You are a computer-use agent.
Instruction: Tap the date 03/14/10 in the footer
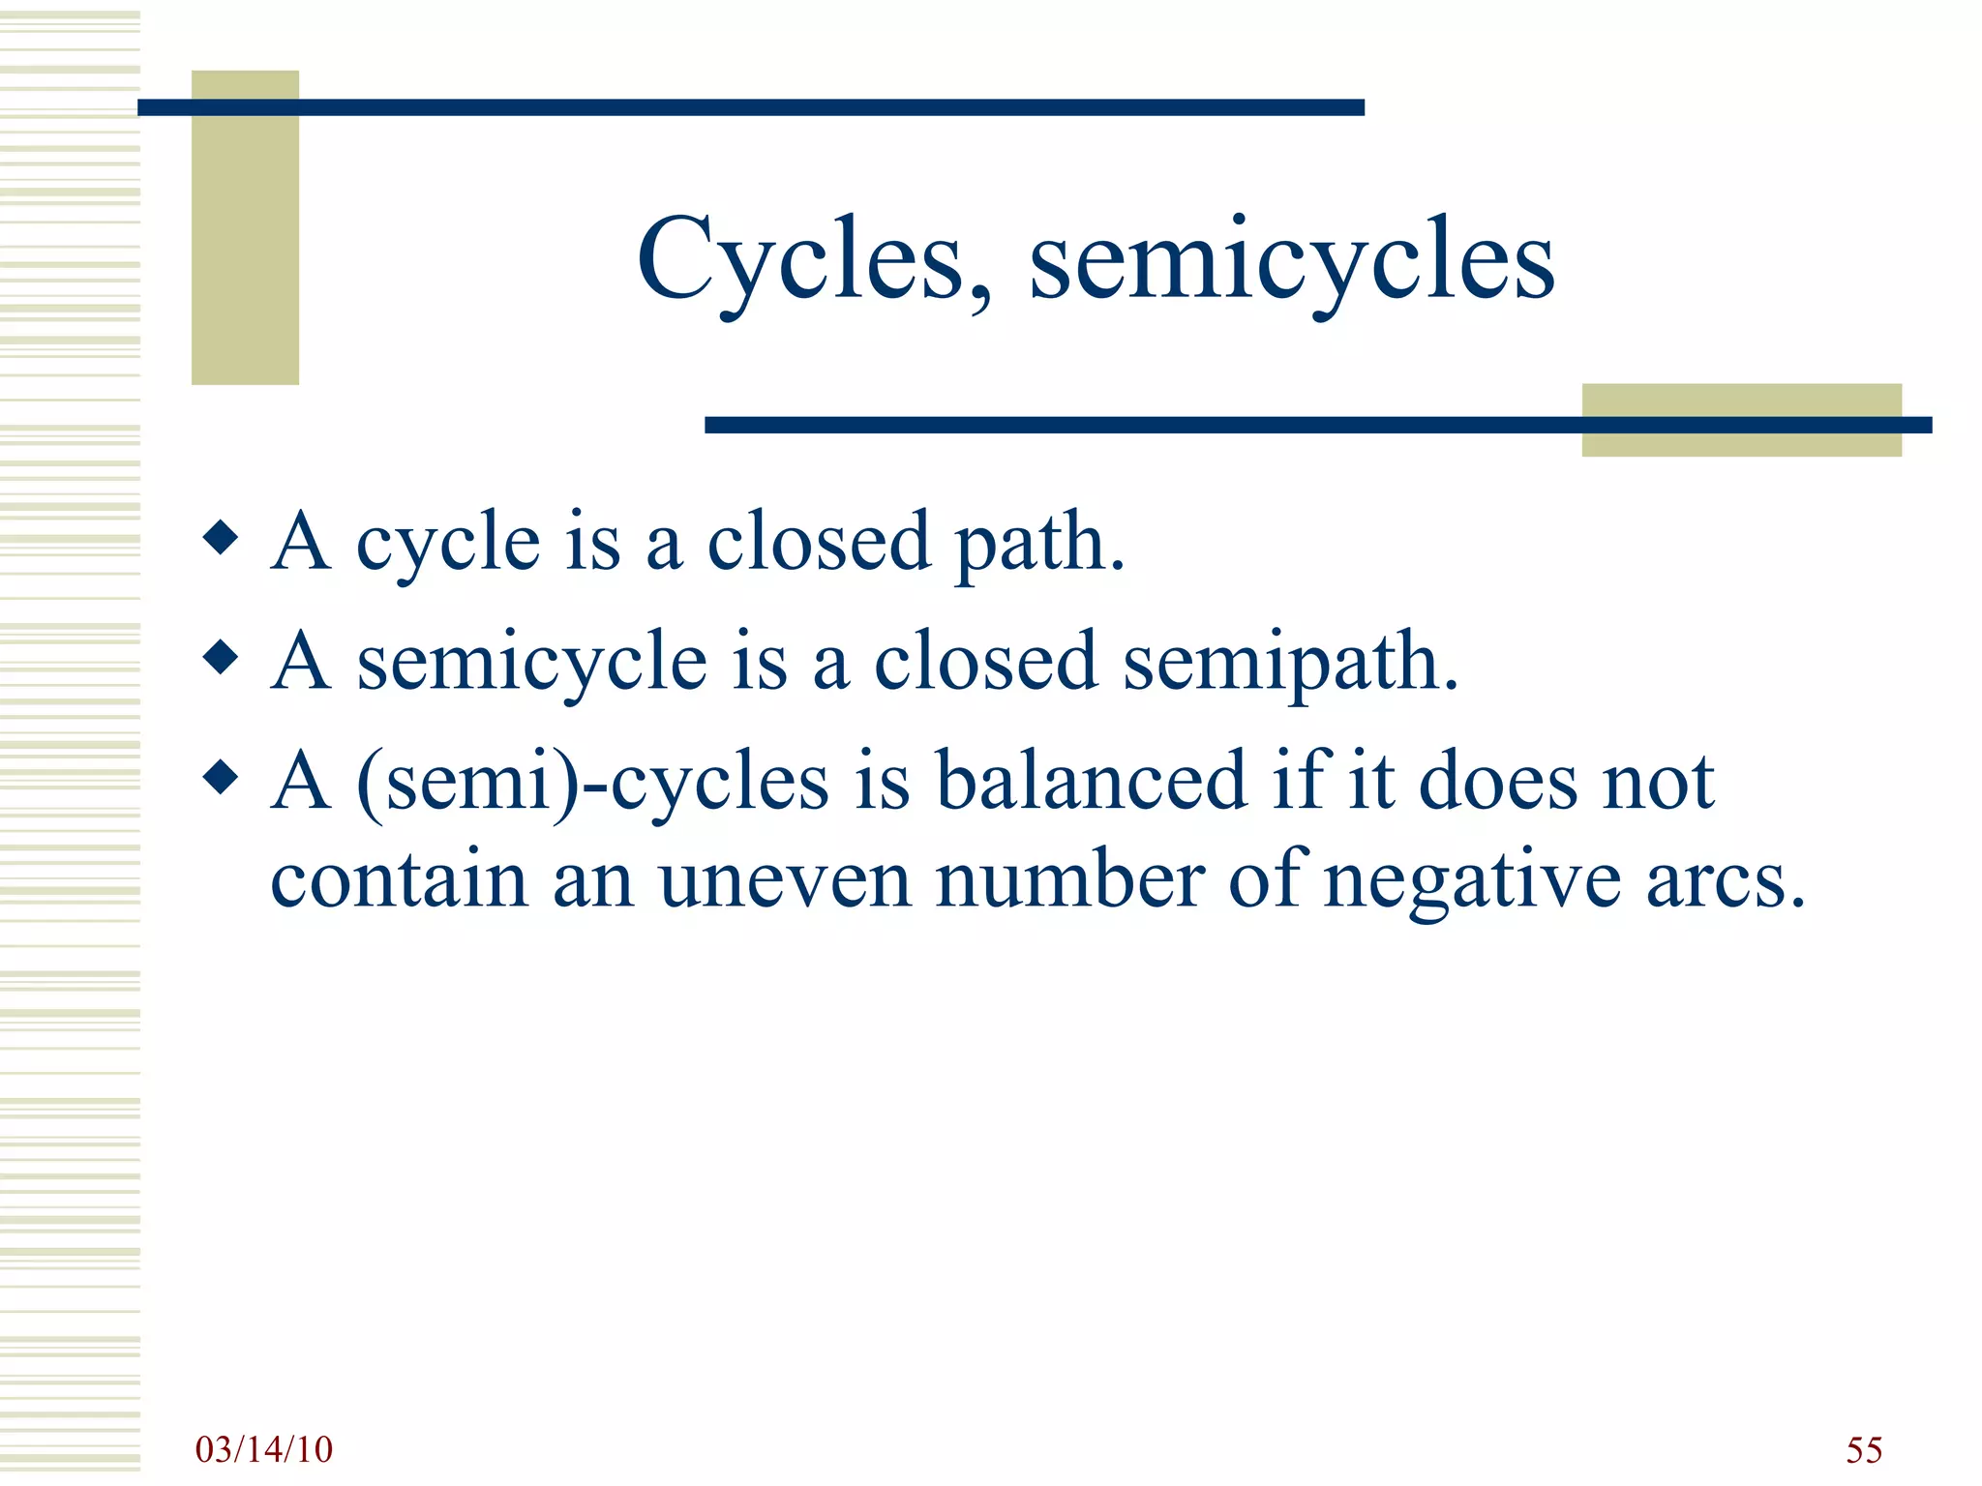pos(263,1449)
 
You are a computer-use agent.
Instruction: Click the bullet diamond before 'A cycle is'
pos(222,538)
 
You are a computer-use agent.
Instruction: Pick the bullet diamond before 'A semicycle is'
pos(222,658)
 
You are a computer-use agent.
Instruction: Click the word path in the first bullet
pos(1039,544)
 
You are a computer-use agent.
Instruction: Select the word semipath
pos(1289,664)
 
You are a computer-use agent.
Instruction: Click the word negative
pos(1471,882)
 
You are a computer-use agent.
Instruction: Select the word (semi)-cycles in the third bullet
pos(592,784)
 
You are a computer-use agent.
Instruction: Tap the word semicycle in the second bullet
pos(531,664)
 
